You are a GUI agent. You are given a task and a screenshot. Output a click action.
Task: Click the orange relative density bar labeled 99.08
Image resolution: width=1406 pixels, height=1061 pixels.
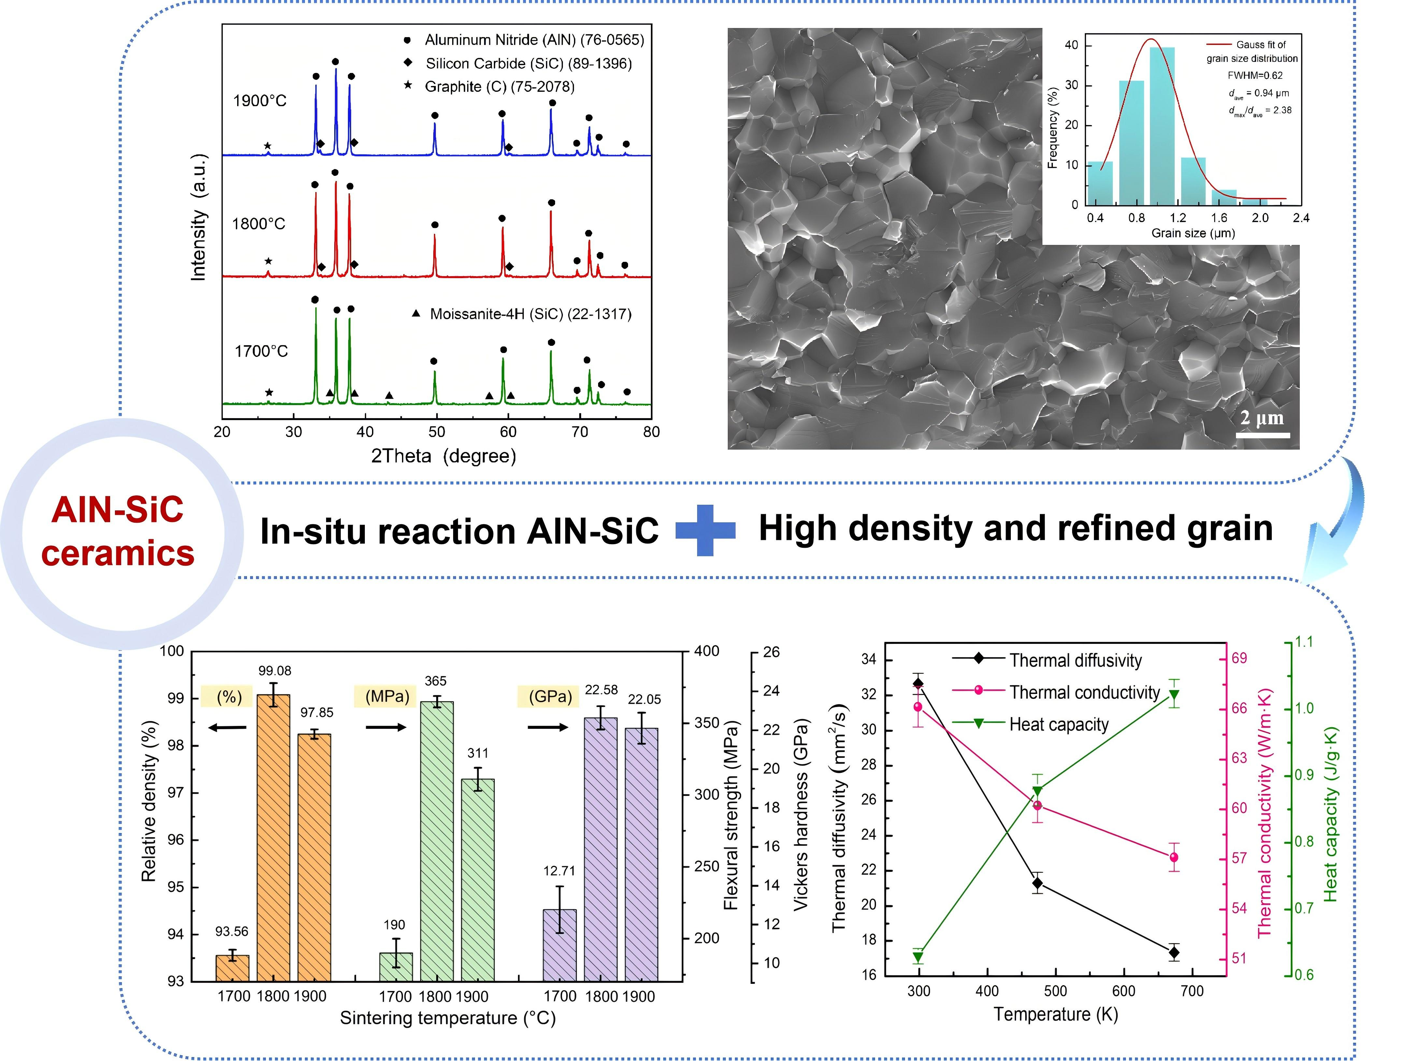(273, 838)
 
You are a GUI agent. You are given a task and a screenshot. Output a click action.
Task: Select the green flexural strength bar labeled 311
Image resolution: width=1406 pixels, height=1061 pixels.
(477, 880)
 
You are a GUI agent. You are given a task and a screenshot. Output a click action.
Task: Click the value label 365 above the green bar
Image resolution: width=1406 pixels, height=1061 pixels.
(436, 681)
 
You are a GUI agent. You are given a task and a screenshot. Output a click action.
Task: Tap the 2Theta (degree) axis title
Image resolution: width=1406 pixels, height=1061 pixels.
(444, 456)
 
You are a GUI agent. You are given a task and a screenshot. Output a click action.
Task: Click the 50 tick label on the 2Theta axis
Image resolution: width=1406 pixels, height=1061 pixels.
(437, 432)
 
